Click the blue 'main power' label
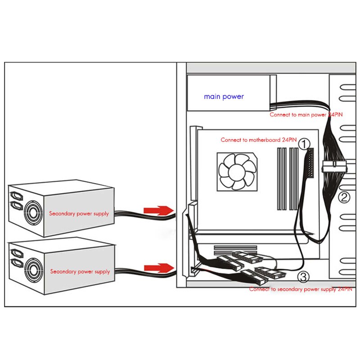[224, 96]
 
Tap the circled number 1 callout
[305, 144]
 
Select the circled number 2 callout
[344, 197]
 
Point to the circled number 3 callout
[304, 276]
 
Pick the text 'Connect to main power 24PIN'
[306, 115]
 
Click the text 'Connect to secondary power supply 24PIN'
[301, 289]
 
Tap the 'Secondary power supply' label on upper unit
[79, 213]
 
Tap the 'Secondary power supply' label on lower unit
[80, 271]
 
